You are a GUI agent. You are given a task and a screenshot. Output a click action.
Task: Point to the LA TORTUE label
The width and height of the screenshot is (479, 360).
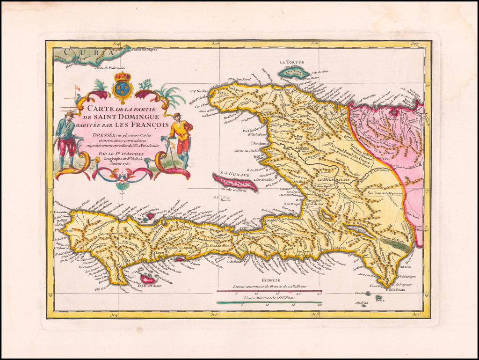tap(290, 62)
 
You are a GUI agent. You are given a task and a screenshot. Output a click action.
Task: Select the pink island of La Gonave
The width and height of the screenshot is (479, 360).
tap(235, 182)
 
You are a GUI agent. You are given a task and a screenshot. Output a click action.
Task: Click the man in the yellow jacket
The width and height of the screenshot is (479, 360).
tap(180, 138)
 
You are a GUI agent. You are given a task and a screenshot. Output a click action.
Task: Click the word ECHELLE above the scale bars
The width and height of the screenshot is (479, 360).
tap(271, 279)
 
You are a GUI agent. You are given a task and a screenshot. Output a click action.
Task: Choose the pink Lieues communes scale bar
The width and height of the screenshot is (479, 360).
tap(269, 291)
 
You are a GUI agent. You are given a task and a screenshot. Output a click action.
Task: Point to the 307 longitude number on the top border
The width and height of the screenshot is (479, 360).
tap(415, 44)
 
